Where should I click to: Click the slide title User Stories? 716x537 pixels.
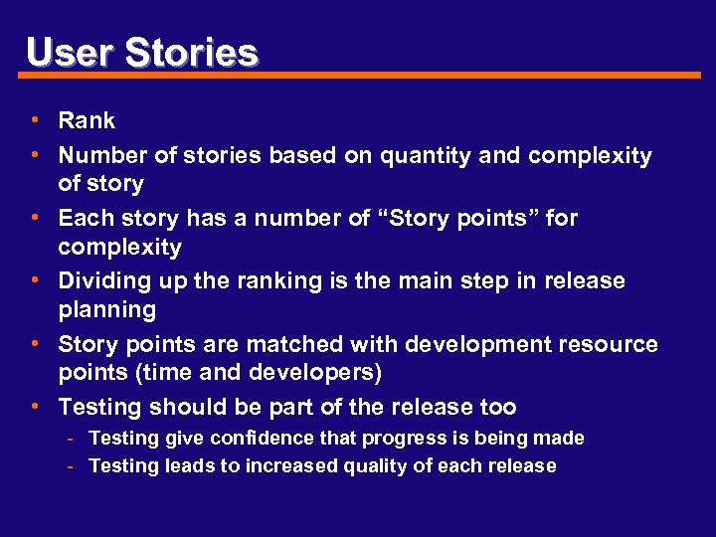[142, 52]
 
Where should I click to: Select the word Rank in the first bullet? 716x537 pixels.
[87, 121]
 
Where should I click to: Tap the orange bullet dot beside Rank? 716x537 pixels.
[35, 120]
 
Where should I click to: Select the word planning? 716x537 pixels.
[106, 310]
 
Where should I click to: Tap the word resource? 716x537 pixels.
[611, 345]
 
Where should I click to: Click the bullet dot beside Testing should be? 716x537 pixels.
[35, 407]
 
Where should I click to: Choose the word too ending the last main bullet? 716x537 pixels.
[498, 407]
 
